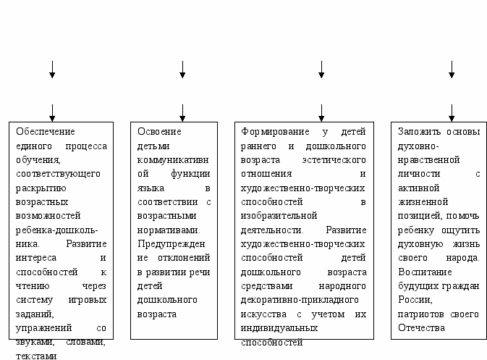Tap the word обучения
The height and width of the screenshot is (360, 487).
35,159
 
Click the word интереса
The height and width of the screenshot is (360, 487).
34,257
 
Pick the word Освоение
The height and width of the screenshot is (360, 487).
159,132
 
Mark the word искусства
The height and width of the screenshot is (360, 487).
263,314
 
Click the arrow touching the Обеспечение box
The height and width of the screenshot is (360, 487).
52,112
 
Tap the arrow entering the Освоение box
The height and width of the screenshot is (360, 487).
182,112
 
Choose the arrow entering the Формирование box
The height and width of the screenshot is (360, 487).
321,112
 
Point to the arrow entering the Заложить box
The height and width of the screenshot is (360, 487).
452,112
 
